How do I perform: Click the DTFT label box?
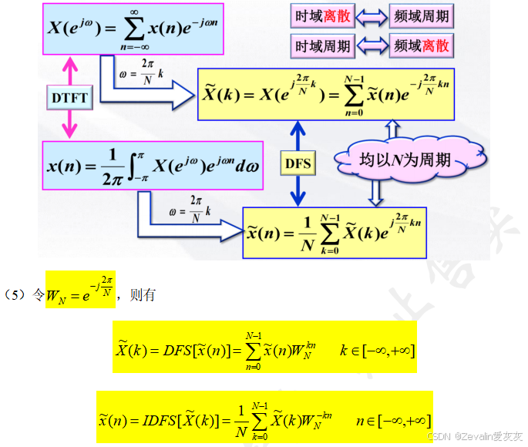[70, 98]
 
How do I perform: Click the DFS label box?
[298, 163]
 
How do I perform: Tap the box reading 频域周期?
[421, 15]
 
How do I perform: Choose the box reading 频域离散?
[421, 46]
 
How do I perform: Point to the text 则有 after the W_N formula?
[143, 294]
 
